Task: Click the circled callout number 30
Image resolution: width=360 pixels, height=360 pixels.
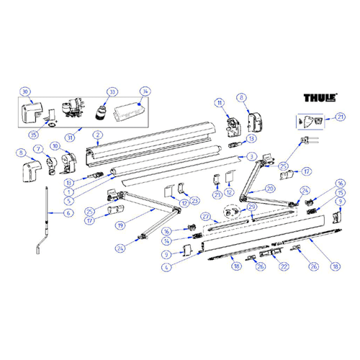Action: (x=25, y=92)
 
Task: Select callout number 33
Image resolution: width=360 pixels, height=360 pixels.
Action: (x=112, y=91)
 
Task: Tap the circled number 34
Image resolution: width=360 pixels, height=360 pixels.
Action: (x=145, y=91)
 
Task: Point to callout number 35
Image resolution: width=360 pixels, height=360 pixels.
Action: (x=32, y=135)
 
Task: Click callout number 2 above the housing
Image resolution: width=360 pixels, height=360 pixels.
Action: (x=96, y=135)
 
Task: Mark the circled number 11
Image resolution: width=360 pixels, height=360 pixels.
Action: (x=220, y=104)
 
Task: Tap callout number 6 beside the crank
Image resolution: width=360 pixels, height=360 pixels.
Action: (x=68, y=214)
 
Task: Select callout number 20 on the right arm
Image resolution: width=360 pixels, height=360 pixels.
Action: (x=270, y=189)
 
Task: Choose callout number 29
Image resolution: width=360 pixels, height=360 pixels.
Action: (x=251, y=207)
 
